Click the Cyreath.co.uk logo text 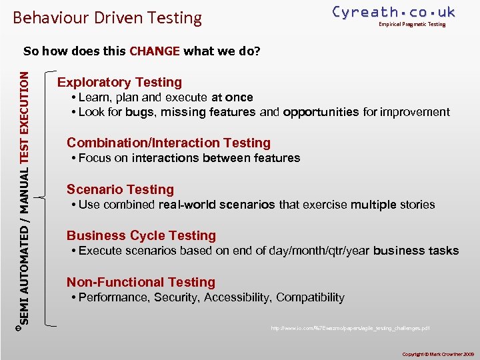click(x=393, y=12)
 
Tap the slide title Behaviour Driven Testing click(x=107, y=17)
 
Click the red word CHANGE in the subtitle click(x=155, y=51)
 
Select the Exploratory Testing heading click(x=119, y=82)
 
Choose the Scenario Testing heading click(x=120, y=189)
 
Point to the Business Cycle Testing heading click(x=141, y=235)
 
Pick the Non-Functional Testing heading click(x=141, y=282)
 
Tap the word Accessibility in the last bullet click(x=237, y=297)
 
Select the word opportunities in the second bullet click(x=321, y=112)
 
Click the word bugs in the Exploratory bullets click(x=139, y=112)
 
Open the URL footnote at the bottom click(x=350, y=328)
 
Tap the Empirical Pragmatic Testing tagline click(x=412, y=25)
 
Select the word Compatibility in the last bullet click(x=311, y=297)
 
